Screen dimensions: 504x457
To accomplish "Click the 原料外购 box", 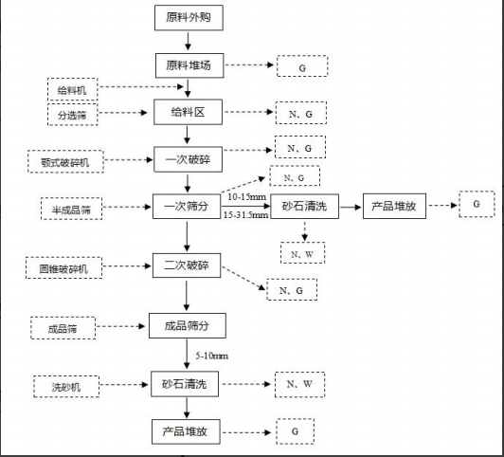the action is tap(189, 18).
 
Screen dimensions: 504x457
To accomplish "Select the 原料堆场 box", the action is tap(189, 65).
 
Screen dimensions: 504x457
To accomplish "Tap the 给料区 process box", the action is tap(188, 112).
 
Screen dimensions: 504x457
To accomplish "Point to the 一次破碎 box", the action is tap(188, 159).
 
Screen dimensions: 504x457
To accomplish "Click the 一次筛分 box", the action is tap(187, 206).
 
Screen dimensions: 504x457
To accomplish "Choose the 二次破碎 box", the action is tap(187, 265).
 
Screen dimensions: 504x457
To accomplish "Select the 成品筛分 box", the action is tap(188, 326).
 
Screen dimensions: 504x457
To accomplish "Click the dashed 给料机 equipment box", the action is tap(72, 89).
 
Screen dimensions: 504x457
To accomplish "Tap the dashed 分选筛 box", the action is tap(72, 115).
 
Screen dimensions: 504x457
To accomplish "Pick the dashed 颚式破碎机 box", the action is tap(65, 161).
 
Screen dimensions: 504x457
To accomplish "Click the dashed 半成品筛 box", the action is tap(71, 209).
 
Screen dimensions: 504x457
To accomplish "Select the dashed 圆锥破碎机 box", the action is tap(64, 267).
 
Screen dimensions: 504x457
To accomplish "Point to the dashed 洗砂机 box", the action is tap(66, 387).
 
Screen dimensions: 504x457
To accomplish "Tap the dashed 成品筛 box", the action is tap(63, 328).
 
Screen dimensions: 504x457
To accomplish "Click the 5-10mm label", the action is tap(212, 356).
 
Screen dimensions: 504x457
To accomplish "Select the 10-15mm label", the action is tap(247, 197).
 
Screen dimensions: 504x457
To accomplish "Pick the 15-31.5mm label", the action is tap(246, 215).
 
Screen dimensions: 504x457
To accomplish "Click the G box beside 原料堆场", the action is tap(302, 66).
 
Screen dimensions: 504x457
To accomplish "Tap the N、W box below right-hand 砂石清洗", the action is tap(303, 253).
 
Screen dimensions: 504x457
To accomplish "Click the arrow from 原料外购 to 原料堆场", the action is tap(189, 41).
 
